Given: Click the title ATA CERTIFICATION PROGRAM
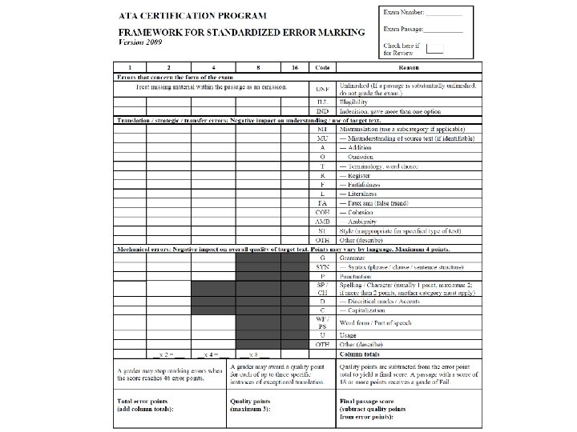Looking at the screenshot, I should pos(200,15).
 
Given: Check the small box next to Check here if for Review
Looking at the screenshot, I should pos(434,49).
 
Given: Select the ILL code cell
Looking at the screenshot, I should pos(322,102).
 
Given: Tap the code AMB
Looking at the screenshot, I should pos(322,221).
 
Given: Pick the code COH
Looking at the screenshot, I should pos(322,212).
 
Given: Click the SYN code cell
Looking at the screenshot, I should pos(322,266).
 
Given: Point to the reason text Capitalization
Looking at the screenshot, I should pos(369,309).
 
